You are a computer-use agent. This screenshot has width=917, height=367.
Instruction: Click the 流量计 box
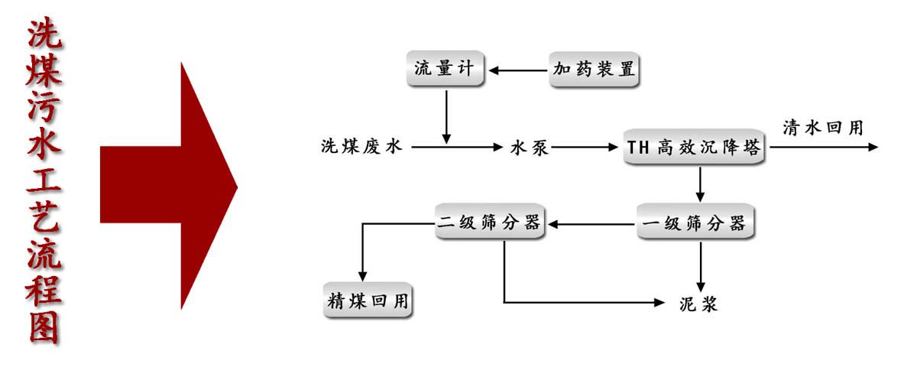(x=445, y=70)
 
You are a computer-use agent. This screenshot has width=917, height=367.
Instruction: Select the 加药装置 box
(x=594, y=70)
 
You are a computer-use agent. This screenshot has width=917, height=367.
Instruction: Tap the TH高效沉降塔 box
(x=694, y=148)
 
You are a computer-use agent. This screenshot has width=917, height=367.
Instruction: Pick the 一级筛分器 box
(x=696, y=224)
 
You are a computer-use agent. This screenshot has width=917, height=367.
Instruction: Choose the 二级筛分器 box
(x=490, y=223)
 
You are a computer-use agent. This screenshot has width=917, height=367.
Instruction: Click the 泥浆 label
(x=698, y=303)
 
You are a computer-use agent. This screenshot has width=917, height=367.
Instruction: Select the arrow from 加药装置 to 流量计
(x=519, y=70)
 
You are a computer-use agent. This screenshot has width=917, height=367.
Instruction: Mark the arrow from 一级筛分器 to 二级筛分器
(x=592, y=224)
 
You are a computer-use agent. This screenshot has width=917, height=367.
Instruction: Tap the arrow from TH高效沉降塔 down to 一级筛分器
(x=700, y=184)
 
